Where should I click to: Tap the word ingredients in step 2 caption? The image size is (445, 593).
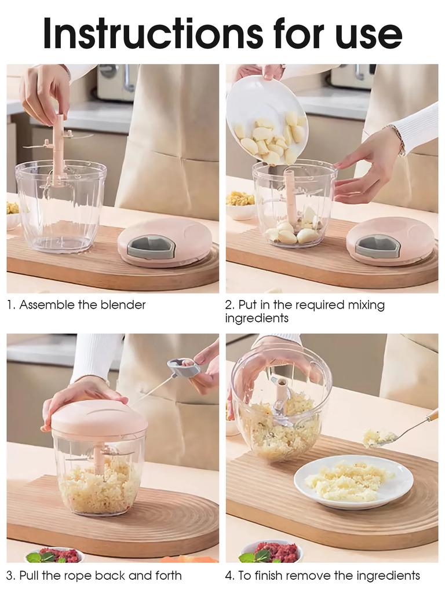click(x=256, y=318)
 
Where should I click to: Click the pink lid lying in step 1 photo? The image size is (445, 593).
click(x=164, y=240)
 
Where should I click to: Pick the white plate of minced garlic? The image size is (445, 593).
click(x=353, y=480)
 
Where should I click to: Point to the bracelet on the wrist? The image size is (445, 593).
click(x=399, y=140)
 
